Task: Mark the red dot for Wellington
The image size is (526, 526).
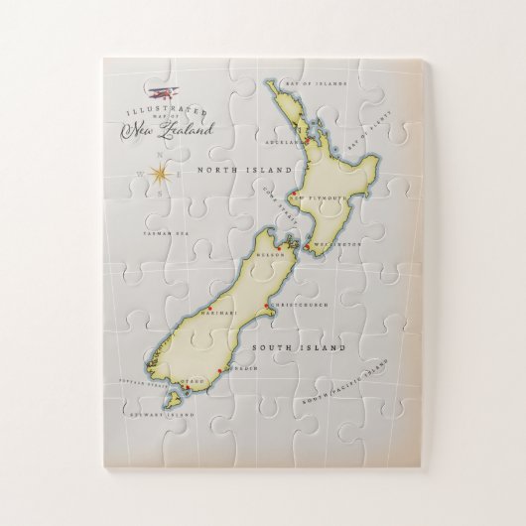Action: point(308,244)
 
